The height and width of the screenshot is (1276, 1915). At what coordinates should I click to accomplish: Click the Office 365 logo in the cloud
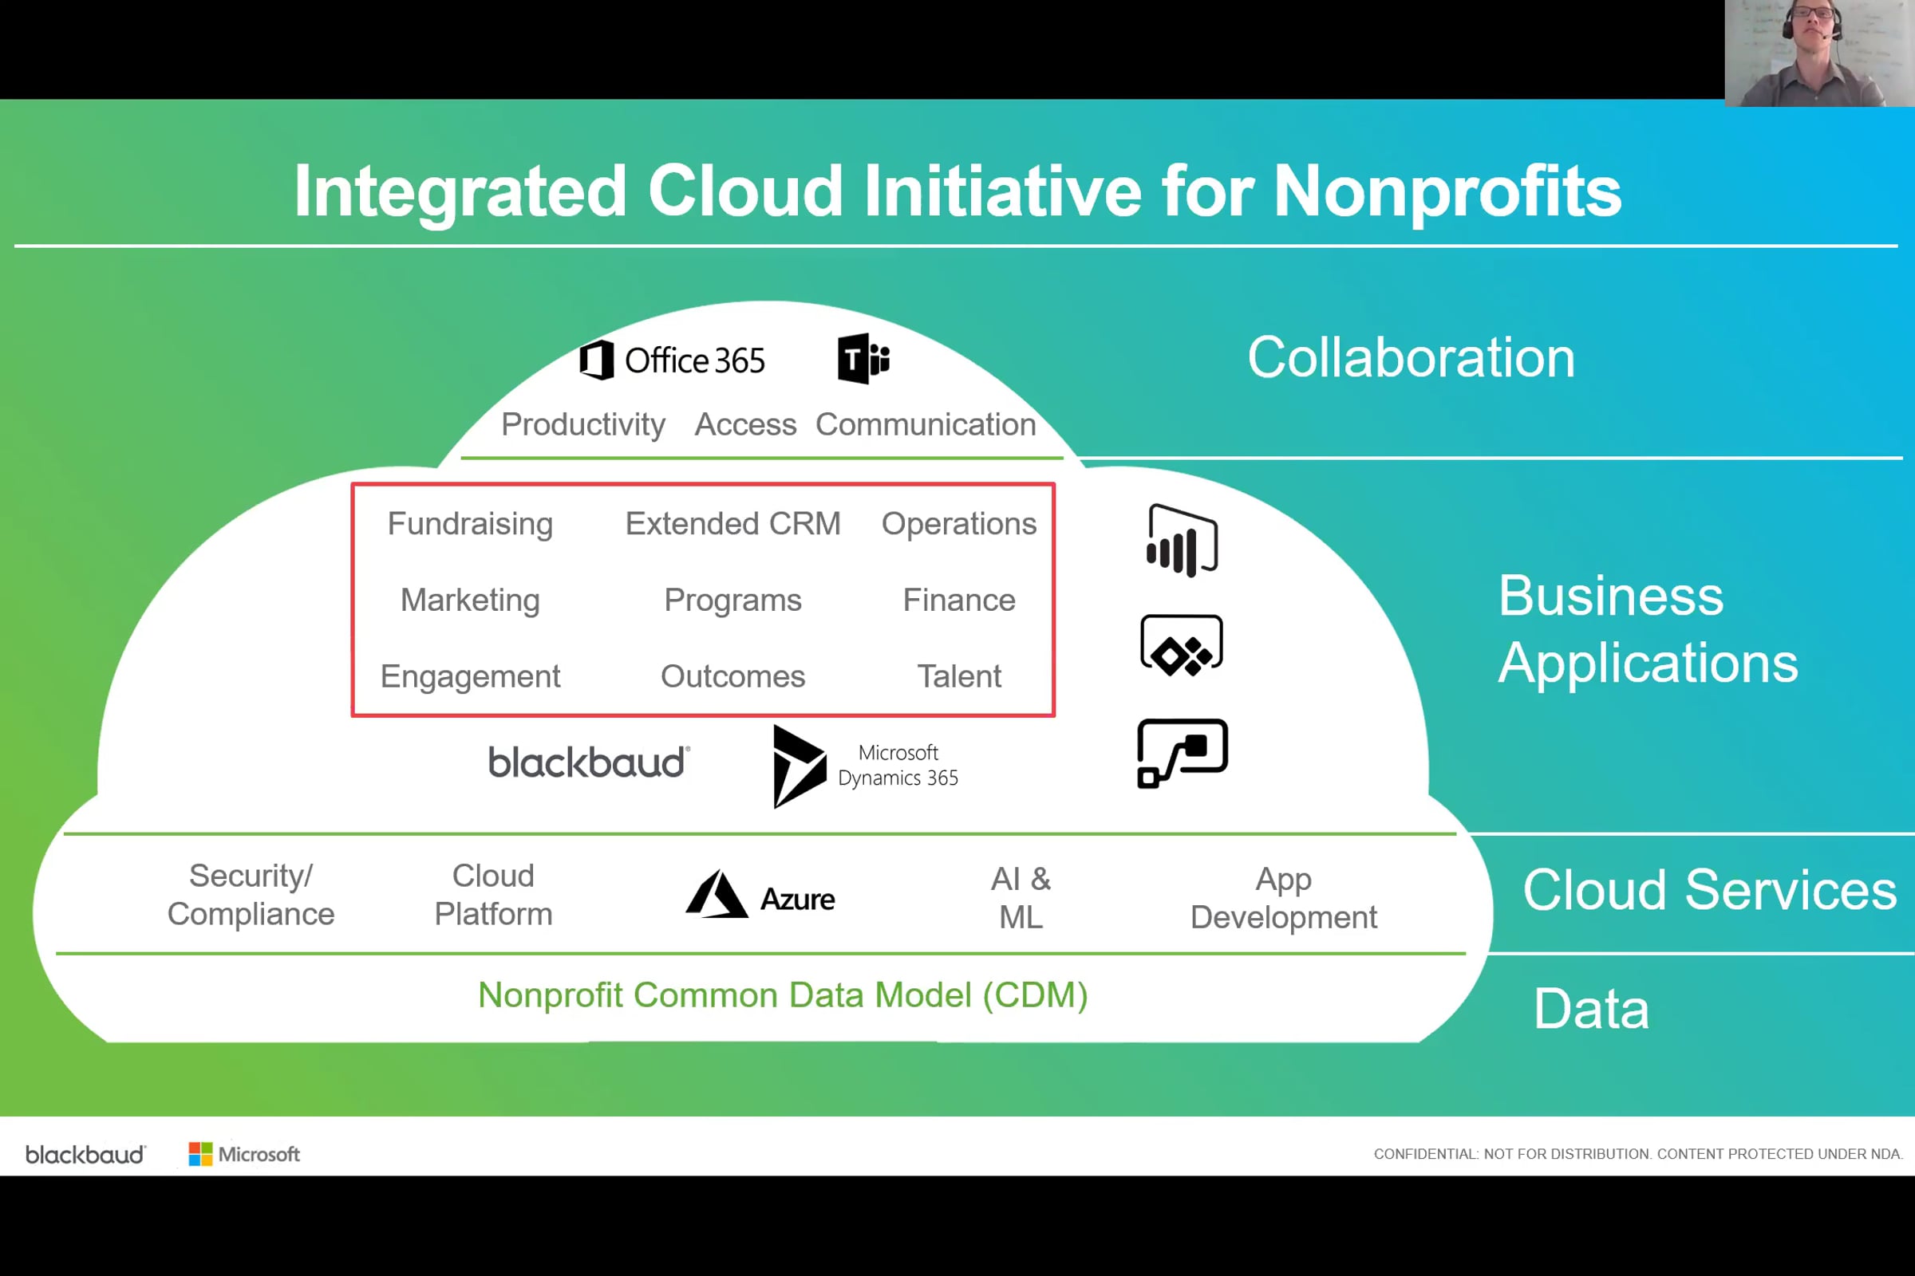click(673, 360)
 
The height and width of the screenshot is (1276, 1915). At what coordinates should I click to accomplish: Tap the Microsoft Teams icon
click(864, 358)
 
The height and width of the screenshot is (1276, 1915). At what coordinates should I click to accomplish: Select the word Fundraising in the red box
click(471, 523)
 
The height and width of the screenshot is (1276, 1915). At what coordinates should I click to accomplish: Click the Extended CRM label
click(732, 523)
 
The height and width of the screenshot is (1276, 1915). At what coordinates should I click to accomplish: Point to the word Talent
click(959, 676)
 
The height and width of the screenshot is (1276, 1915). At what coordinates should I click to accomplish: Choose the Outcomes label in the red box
click(732, 676)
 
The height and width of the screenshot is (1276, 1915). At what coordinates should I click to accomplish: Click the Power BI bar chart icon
click(1183, 542)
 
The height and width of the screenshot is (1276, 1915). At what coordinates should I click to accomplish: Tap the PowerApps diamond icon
click(1183, 645)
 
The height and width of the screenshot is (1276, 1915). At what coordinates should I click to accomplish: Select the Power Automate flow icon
click(1183, 754)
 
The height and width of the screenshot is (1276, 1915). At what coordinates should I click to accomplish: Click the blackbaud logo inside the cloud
click(589, 762)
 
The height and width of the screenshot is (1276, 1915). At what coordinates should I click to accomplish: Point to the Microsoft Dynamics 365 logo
click(866, 766)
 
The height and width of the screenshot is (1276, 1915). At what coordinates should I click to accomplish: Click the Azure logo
click(760, 895)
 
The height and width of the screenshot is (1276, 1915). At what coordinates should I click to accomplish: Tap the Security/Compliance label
click(251, 895)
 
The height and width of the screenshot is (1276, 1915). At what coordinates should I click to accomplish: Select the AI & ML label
click(1021, 899)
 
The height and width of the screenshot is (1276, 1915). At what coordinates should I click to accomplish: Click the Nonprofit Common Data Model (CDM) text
click(784, 995)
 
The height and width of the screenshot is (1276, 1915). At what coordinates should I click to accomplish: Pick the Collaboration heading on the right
click(1412, 358)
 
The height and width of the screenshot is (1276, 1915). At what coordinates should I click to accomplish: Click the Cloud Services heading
click(1710, 890)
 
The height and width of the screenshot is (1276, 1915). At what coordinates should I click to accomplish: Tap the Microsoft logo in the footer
click(244, 1154)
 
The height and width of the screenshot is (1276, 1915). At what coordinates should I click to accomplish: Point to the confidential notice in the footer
click(1638, 1154)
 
